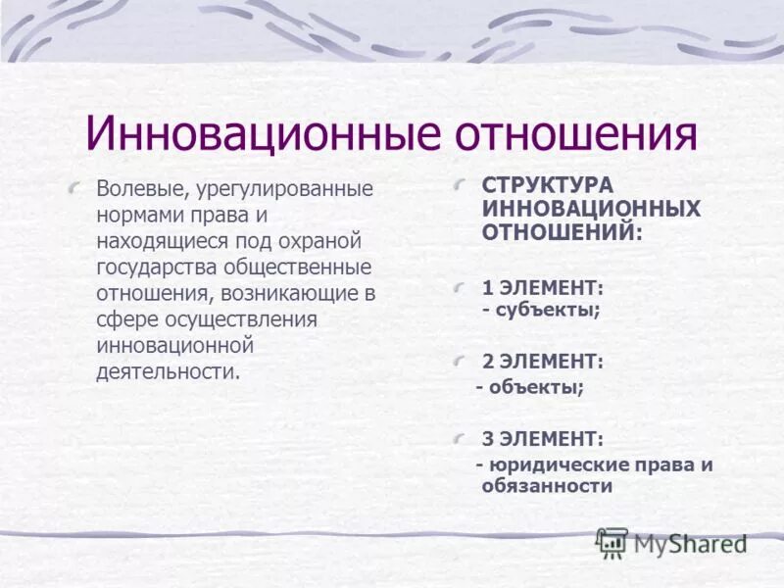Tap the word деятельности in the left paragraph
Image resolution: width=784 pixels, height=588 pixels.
[168, 372]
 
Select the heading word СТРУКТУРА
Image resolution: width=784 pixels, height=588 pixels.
[547, 185]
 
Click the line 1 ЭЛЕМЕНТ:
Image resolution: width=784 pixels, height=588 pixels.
[543, 287]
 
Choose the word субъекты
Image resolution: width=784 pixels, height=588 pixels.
[546, 310]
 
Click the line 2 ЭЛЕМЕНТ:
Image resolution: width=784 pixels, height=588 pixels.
[543, 362]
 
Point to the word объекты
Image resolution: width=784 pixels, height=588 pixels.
[534, 387]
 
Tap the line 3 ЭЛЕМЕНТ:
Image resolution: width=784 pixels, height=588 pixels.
[543, 438]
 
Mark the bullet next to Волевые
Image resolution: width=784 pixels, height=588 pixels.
[76, 187]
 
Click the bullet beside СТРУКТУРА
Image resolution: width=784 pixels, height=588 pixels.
[463, 184]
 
